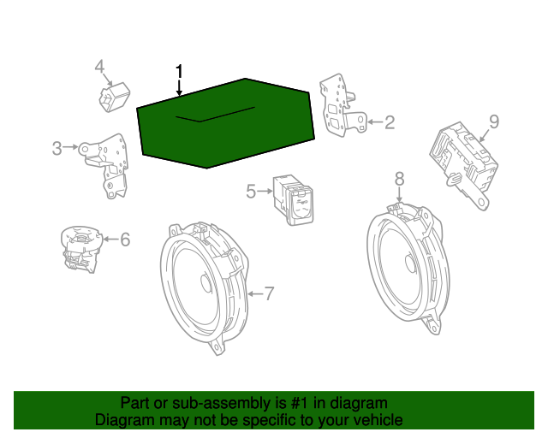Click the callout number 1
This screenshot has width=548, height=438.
(x=179, y=71)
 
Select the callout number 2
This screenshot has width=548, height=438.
(x=390, y=122)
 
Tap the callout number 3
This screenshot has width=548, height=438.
(x=57, y=148)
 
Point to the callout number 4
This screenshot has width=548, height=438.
(x=99, y=67)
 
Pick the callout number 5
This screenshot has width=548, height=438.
(x=251, y=192)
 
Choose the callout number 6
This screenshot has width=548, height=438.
(x=125, y=240)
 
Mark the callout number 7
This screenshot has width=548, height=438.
(x=269, y=293)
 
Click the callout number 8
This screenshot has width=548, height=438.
(x=400, y=179)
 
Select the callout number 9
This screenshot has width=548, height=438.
(x=494, y=121)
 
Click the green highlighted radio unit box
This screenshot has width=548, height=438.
(x=226, y=123)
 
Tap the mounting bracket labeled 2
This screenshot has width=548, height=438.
(x=342, y=105)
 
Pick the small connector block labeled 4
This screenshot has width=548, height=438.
(x=114, y=98)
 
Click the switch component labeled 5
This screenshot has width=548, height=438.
(x=294, y=200)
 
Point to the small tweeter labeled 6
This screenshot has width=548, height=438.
(x=81, y=249)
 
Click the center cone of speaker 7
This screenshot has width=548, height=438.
(x=206, y=282)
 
